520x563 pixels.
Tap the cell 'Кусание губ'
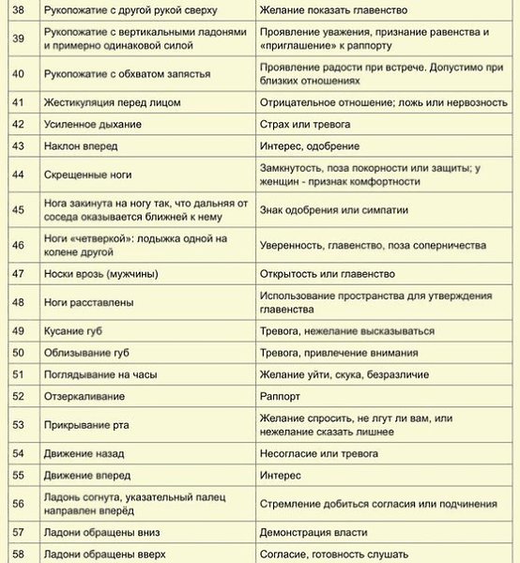point(78,331)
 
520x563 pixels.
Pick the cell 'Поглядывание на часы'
point(100,374)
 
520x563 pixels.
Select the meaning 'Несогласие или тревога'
point(329,454)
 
